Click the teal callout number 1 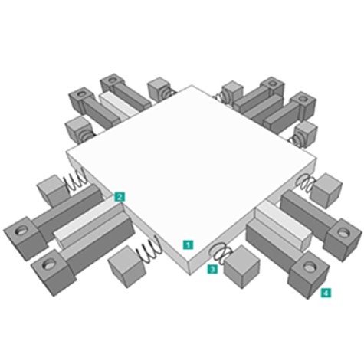(188, 244)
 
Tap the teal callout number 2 (120, 197)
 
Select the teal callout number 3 (212, 269)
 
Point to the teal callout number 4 (326, 293)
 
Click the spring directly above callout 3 (220, 252)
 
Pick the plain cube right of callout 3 (241, 267)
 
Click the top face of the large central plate (190, 166)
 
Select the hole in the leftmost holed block (21, 231)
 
